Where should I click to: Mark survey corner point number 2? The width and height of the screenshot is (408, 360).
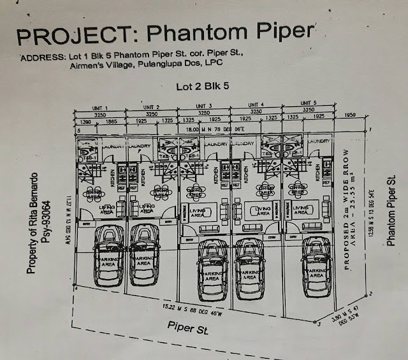[x=371, y=294]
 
